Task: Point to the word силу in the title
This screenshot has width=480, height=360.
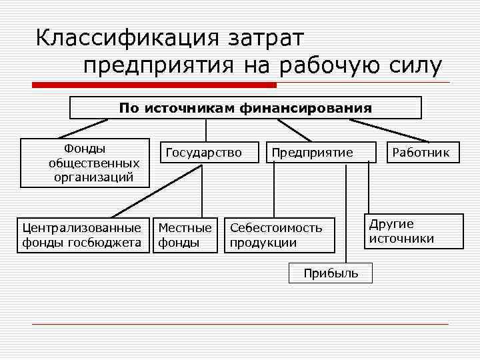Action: (414, 66)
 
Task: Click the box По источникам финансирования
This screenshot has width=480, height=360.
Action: (245, 107)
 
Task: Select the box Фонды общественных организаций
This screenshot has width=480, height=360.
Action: (85, 163)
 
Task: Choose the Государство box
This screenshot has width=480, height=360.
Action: (203, 153)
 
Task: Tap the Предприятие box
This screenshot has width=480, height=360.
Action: (312, 153)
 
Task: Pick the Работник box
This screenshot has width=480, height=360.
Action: (421, 153)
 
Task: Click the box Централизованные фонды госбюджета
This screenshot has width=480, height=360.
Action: (82, 235)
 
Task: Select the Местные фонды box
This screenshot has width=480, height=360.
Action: (186, 235)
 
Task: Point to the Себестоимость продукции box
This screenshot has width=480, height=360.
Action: (279, 235)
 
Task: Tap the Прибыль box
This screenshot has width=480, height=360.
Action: (331, 273)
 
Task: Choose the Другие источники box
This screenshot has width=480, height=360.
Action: (414, 231)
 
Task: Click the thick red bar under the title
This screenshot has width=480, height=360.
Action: (155, 85)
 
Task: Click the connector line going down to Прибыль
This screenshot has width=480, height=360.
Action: (345, 213)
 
